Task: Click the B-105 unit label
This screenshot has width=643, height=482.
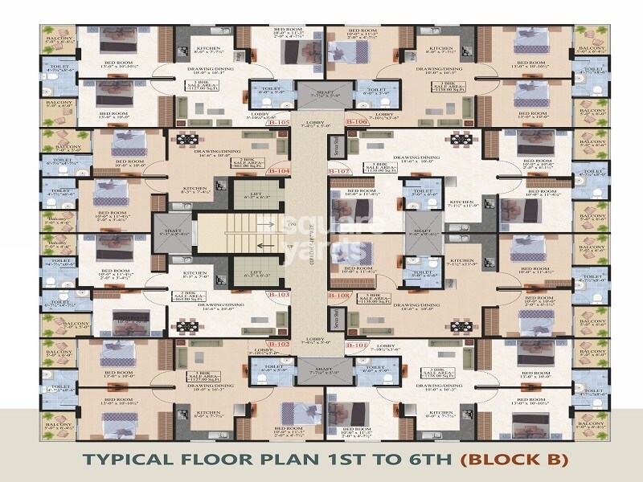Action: [279, 123]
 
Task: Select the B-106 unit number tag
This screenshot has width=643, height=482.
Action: [357, 122]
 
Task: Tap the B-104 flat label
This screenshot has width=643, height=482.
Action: [279, 171]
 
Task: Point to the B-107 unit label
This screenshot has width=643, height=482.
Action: [339, 171]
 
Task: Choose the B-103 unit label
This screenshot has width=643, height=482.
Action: [279, 295]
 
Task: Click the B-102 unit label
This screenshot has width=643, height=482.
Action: [279, 344]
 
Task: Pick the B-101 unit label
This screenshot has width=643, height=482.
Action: [357, 345]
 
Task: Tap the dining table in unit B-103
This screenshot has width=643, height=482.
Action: [186, 326]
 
